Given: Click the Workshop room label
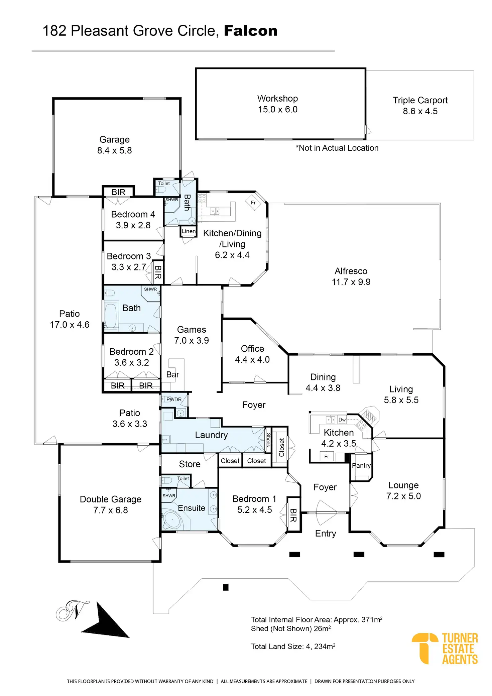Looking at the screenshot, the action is [x=277, y=99].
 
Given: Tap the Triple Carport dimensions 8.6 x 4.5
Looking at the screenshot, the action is [x=420, y=111].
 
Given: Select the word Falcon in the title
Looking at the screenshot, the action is [x=251, y=31].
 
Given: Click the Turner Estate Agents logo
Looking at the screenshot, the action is [x=445, y=649].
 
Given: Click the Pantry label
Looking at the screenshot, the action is [x=361, y=466].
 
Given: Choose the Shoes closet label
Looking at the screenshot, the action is [x=268, y=440].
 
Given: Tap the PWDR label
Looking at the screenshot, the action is [x=174, y=399].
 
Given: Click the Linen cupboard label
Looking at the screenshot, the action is [x=189, y=231].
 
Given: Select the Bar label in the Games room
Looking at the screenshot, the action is [x=173, y=374].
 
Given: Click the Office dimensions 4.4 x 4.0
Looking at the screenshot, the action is [x=252, y=360].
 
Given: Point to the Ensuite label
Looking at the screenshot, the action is [x=192, y=508].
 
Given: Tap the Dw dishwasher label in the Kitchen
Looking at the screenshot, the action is [x=342, y=420].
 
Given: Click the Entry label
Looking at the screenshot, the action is [x=326, y=534].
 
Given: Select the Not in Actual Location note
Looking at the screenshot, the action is [x=337, y=148].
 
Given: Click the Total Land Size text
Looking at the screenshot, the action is [x=293, y=647].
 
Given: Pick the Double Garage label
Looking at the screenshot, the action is [x=111, y=499].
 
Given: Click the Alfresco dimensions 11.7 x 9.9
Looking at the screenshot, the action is [x=351, y=282].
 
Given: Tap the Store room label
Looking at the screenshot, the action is [x=190, y=464].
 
